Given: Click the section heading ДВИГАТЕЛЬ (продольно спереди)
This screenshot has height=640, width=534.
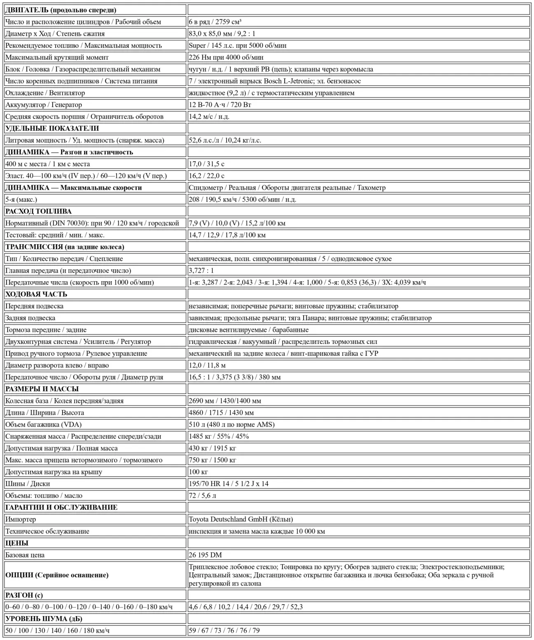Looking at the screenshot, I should click(61, 10).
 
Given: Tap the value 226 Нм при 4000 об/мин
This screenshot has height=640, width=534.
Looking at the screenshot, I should click(226, 57).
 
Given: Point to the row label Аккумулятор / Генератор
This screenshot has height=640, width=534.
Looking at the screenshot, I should click(44, 105).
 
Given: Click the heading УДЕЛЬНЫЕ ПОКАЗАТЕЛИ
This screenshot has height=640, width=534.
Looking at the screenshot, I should click(52, 128).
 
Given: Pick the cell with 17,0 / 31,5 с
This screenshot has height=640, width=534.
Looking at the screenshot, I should click(206, 164).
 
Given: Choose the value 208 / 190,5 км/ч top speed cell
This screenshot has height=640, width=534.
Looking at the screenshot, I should click(242, 200).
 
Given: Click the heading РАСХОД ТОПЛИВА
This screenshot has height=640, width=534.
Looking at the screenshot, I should click(38, 211).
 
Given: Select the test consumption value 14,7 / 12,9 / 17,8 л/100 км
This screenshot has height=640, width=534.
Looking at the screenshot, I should click(227, 235).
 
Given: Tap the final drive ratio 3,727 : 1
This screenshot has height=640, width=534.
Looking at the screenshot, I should click(201, 271).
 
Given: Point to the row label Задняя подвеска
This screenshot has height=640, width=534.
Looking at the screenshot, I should click(30, 318).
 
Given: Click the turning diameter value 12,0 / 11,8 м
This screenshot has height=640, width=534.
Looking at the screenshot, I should click(207, 365).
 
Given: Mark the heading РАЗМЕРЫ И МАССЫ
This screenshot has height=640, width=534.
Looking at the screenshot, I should click(42, 389).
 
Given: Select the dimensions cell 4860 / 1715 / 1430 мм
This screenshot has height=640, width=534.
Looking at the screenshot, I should click(221, 413).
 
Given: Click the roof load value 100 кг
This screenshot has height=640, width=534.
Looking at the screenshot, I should click(198, 472).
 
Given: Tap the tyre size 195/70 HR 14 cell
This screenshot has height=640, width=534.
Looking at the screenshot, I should click(228, 484).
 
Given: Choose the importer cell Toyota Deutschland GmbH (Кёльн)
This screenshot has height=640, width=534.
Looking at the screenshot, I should click(241, 519).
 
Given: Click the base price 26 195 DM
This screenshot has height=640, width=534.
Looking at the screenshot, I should click(205, 555).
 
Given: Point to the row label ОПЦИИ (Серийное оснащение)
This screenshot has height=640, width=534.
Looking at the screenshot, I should click(57, 575).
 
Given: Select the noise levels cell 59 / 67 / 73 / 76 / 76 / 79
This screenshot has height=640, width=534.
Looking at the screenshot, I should click(224, 631).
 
